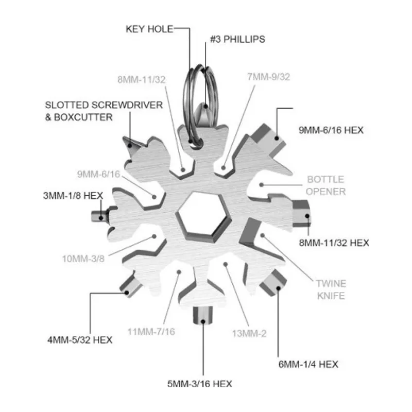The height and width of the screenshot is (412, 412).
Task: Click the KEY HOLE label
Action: click(149, 29)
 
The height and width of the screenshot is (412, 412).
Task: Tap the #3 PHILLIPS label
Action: click(237, 39)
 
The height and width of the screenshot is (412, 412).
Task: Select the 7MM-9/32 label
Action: click(268, 77)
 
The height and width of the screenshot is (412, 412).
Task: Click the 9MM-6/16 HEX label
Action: click(331, 130)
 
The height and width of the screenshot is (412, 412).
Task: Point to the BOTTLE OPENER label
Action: click(326, 185)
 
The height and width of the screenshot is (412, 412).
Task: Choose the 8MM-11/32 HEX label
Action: click(334, 243)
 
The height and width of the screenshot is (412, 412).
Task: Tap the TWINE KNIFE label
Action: click(331, 289)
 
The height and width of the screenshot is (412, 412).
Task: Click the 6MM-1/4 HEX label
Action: click(308, 364)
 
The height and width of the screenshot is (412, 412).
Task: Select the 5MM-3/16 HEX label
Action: click(200, 384)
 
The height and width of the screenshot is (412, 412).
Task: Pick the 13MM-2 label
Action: click(249, 333)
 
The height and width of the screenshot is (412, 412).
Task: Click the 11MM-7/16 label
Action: click(151, 332)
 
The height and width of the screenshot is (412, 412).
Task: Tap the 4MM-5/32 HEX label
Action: click(80, 340)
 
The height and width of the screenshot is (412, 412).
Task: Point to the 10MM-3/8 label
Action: click(83, 259)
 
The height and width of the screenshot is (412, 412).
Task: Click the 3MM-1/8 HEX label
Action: click(73, 196)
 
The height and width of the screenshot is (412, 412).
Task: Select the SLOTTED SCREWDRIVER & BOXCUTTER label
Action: click(104, 111)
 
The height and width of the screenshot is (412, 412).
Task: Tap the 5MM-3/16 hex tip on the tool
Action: click(202, 315)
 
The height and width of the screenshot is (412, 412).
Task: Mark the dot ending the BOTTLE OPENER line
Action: click(262, 185)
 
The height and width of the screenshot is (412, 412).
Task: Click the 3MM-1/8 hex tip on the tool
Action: click(99, 216)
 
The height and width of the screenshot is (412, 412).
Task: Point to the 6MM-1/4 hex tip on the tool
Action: click(273, 282)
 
